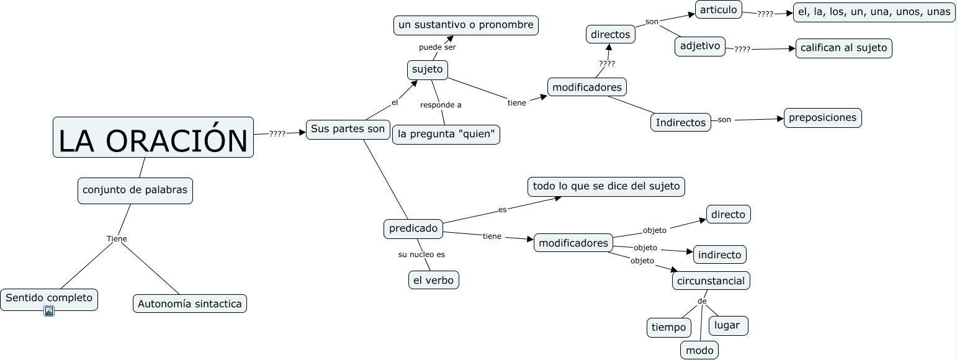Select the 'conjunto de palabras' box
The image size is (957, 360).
tap(135, 191)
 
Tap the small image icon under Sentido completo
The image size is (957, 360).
tap(49, 311)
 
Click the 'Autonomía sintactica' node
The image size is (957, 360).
tap(189, 304)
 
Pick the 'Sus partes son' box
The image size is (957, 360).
tap(348, 129)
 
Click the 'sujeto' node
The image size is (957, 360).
tap(427, 70)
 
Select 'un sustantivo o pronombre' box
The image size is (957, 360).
tap(465, 25)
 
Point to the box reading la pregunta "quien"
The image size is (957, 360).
tap(446, 134)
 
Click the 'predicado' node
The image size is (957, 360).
tap(413, 228)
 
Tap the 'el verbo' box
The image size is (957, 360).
tap(433, 280)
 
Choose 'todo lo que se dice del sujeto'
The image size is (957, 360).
tap(606, 186)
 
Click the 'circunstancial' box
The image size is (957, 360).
tap(711, 281)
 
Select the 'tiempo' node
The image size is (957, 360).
tap(668, 327)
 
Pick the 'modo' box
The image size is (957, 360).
tap(699, 350)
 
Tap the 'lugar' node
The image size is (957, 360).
tap(727, 325)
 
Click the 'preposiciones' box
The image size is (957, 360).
tap(822, 117)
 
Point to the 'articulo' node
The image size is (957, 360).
tap(718, 9)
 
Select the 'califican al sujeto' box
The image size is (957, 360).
tap(843, 48)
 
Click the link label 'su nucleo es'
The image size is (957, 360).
tap(421, 254)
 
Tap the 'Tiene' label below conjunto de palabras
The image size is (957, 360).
tap(117, 238)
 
